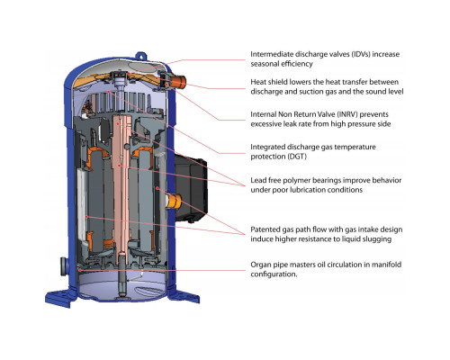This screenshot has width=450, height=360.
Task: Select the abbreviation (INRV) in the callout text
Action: [347, 114]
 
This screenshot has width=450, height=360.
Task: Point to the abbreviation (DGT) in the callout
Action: [297, 157]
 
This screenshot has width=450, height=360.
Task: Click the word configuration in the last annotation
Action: [274, 274]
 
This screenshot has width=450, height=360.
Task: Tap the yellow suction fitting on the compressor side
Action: [174, 201]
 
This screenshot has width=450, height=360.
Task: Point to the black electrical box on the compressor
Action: [191, 188]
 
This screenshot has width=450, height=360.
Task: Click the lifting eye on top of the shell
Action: [141, 56]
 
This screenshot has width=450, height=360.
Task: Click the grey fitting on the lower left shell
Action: [64, 266]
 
